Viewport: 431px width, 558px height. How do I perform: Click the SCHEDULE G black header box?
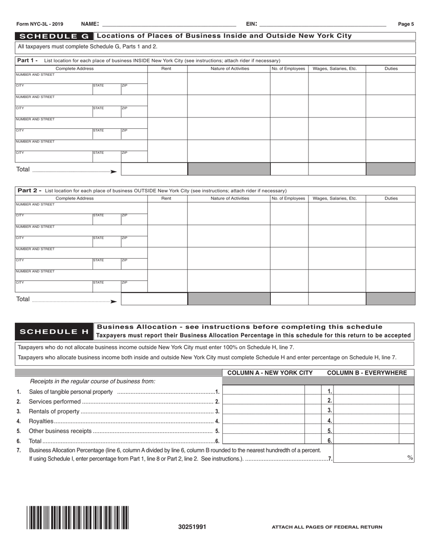click(54, 36)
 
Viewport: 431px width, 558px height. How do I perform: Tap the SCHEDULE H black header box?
click(54, 331)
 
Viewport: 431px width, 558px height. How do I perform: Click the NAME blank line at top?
click(168, 24)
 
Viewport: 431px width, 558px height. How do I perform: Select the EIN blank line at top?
click(322, 24)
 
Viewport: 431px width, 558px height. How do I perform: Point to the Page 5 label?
click(406, 24)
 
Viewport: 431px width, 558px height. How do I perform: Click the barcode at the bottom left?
click(78, 518)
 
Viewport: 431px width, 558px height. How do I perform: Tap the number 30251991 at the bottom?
click(192, 527)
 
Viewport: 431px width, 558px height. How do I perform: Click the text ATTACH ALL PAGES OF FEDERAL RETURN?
click(327, 527)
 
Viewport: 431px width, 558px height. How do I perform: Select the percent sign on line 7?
click(410, 458)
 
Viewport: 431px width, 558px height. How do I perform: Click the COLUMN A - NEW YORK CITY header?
click(270, 373)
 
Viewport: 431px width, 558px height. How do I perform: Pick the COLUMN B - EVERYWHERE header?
click(367, 373)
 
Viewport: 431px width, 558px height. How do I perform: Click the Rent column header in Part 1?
click(167, 69)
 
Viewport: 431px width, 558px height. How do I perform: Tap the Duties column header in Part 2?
click(391, 198)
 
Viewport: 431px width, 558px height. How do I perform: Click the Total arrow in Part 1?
click(113, 171)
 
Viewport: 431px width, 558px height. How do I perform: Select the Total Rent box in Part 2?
click(154, 299)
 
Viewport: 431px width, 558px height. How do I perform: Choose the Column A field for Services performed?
click(264, 401)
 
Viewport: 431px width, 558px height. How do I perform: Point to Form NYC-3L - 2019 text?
click(39, 24)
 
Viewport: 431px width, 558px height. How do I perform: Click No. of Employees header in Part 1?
click(289, 69)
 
